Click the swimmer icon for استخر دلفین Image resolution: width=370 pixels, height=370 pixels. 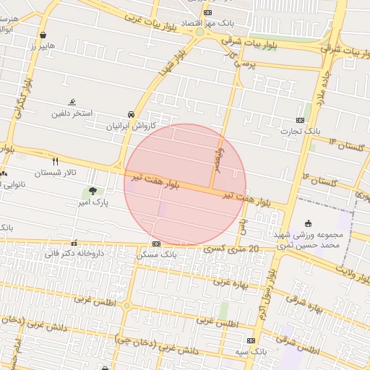tap(72, 103)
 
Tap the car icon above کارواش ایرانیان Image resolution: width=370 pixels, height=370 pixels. tap(130, 115)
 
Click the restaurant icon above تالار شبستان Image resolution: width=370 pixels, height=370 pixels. tap(55, 161)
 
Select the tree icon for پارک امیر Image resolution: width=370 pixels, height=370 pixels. tap(92, 192)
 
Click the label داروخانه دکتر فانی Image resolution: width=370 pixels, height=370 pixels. tap(74, 254)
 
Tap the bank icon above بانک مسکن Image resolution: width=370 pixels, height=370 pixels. tap(156, 244)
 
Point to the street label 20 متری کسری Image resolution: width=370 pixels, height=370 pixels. tap(231, 248)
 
